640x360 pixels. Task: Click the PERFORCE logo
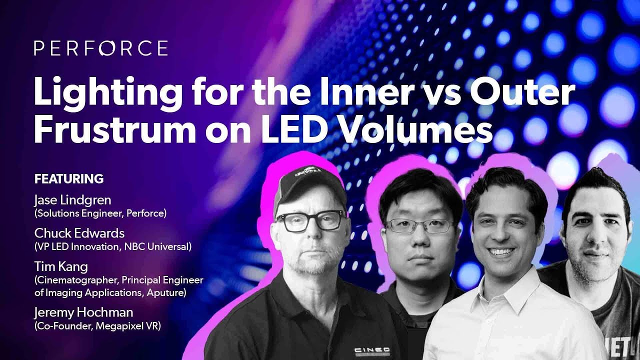click(100, 48)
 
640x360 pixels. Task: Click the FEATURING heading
click(69, 178)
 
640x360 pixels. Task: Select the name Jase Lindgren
click(72, 200)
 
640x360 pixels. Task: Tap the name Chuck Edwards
click(79, 233)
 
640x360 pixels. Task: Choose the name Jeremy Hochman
click(83, 312)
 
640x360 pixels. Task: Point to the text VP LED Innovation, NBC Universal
click(113, 246)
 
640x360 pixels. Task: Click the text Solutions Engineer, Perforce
click(100, 213)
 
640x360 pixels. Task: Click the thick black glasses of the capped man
click(309, 220)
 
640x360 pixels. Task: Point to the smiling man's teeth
click(501, 251)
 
